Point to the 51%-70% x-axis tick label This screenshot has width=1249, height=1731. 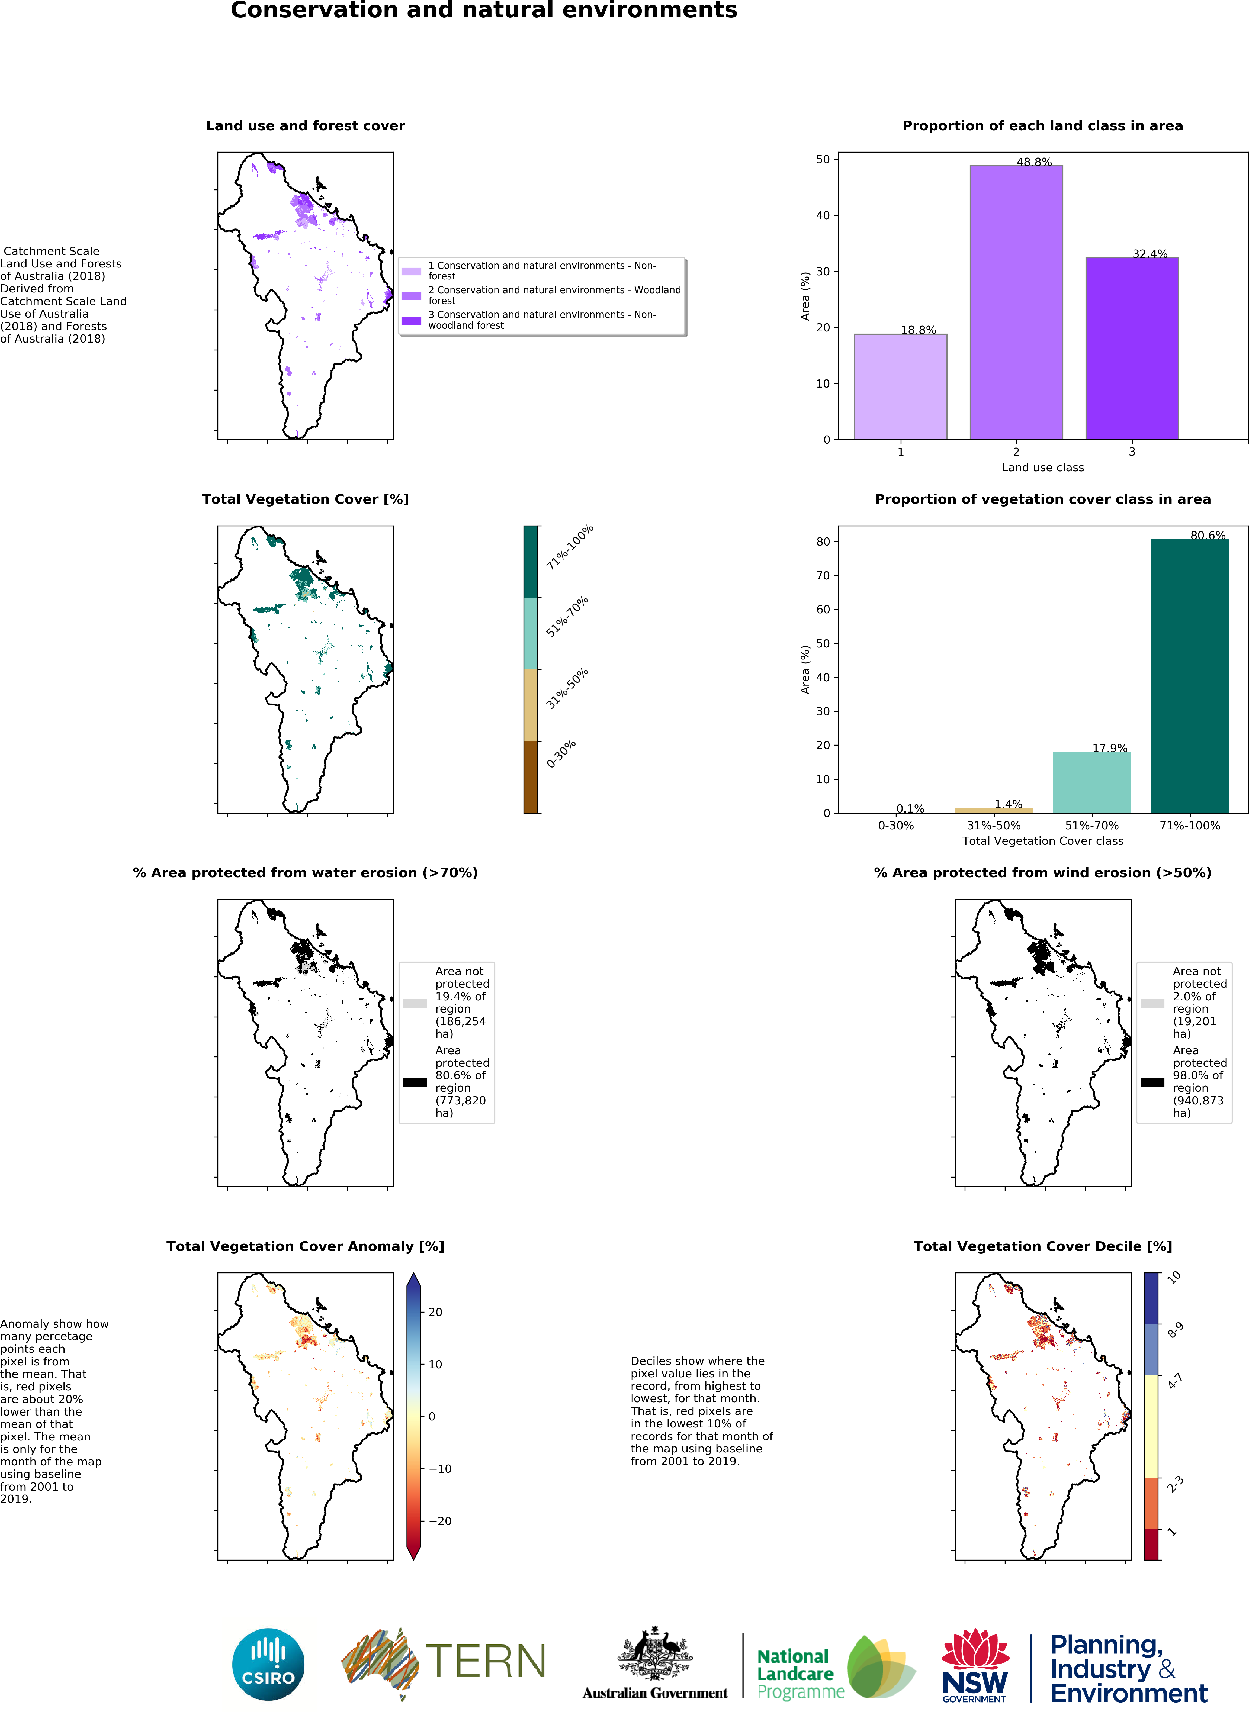tap(1091, 825)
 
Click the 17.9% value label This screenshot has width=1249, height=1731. tap(1109, 748)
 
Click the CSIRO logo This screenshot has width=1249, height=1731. tap(268, 1664)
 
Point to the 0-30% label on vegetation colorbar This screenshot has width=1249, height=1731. tap(561, 753)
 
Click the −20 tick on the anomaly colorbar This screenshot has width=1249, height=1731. tap(441, 1520)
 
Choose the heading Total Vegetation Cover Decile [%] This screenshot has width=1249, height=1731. tap(1042, 1246)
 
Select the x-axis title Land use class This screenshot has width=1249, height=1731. tap(1042, 467)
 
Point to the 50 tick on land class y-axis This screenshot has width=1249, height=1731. tap(822, 160)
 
